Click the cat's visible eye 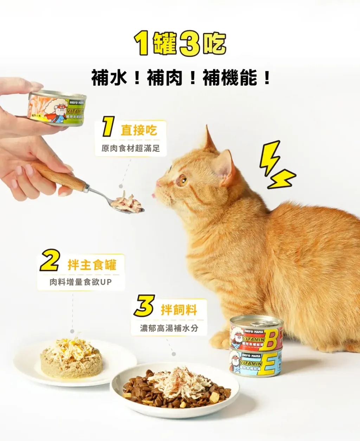[x=182, y=181]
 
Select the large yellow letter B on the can [x=272, y=339]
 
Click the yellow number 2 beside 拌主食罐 [x=50, y=261]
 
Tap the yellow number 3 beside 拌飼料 [x=144, y=306]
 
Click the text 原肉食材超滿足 [x=130, y=148]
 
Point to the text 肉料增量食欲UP [x=81, y=282]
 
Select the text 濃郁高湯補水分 [x=169, y=328]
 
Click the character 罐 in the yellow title [x=164, y=44]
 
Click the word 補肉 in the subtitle [x=165, y=78]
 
